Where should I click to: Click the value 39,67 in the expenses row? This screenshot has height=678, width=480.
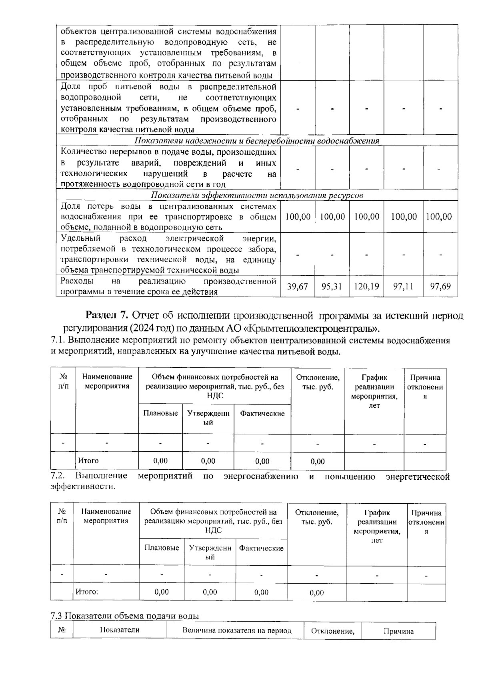[x=298, y=287]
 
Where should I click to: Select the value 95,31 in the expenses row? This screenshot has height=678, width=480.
[x=332, y=287]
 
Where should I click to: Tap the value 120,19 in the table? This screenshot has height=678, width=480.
[x=366, y=287]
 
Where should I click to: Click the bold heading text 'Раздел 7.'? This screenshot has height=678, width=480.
[x=107, y=315]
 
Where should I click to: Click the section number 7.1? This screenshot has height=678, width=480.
[x=58, y=341]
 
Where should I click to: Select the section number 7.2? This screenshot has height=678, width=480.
[x=58, y=476]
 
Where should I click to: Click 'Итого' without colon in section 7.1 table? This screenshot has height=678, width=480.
[x=88, y=461]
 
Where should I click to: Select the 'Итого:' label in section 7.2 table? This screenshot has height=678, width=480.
[x=87, y=592]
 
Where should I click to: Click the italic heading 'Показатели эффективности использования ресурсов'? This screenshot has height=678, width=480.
[x=257, y=195]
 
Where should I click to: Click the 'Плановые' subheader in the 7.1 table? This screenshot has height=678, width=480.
[x=160, y=413]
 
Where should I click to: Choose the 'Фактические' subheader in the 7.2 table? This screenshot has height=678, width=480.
[x=261, y=548]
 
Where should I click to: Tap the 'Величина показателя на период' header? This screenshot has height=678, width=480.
[x=237, y=630]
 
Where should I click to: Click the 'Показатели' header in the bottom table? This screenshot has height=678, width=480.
[x=120, y=630]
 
